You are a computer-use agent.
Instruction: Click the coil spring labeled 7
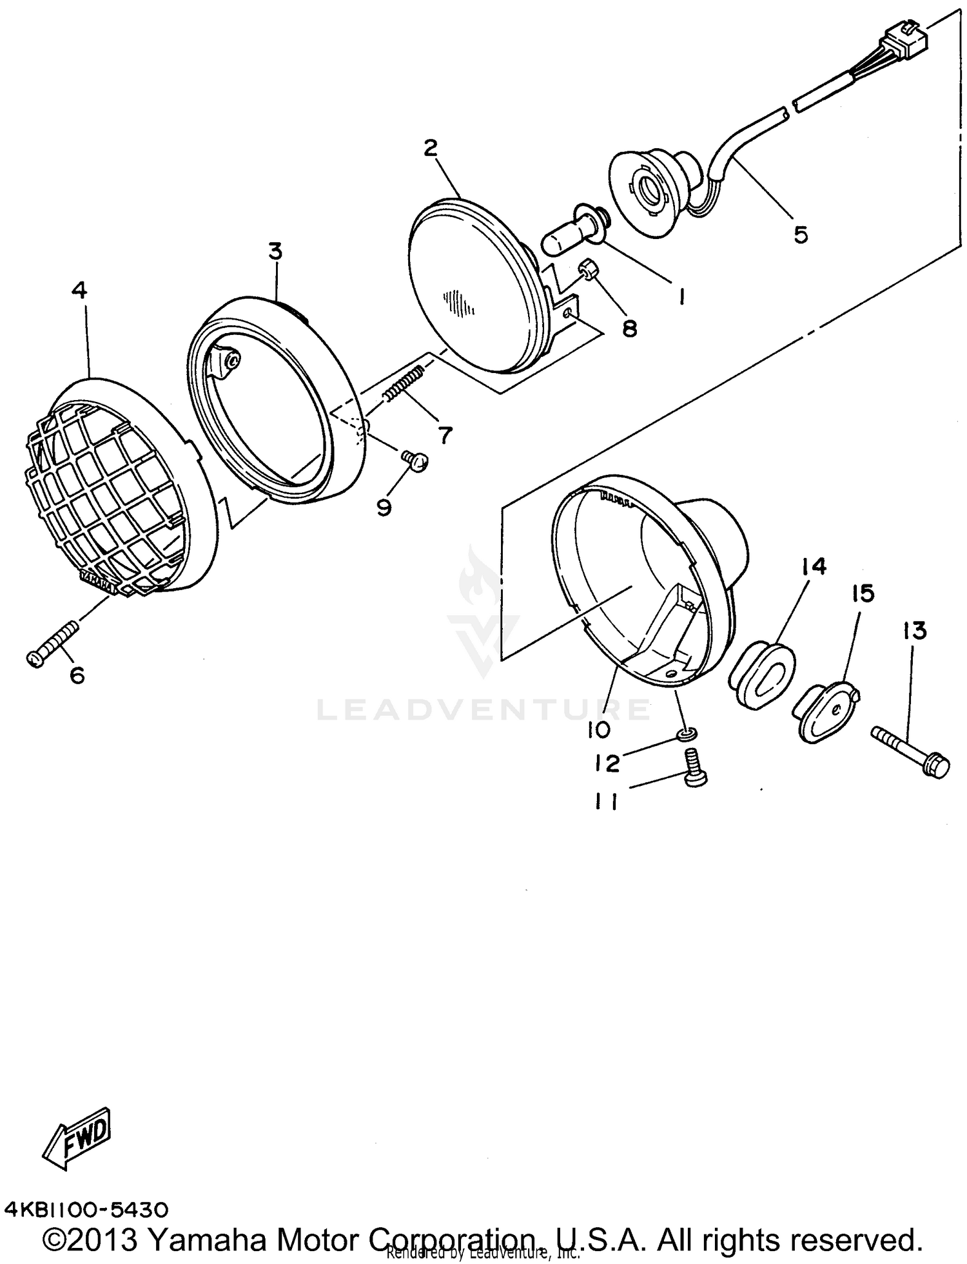click(404, 383)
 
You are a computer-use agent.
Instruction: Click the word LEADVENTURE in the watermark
click(484, 709)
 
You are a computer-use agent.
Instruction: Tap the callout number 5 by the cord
click(800, 235)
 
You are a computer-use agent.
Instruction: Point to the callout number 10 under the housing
click(599, 730)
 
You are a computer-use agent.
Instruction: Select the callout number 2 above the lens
click(431, 148)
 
